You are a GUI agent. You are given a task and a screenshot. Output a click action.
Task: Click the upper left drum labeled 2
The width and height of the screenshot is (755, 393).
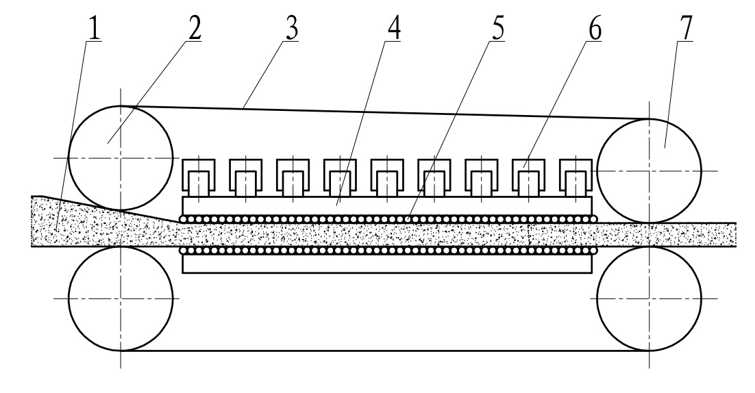pyautogui.click(x=121, y=157)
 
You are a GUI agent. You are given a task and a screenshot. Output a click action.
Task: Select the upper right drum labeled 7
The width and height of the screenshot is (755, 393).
pyautogui.click(x=649, y=170)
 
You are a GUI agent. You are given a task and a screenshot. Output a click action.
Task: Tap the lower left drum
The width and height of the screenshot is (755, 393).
pyautogui.click(x=121, y=299)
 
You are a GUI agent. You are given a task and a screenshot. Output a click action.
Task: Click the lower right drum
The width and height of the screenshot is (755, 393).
pyautogui.click(x=649, y=299)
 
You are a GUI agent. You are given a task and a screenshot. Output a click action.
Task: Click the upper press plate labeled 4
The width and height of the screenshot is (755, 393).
pyautogui.click(x=387, y=205)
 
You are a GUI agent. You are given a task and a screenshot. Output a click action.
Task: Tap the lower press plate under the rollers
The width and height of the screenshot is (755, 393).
pyautogui.click(x=387, y=264)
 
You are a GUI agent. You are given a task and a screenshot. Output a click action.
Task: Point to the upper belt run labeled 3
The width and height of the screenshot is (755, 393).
pyautogui.click(x=384, y=112)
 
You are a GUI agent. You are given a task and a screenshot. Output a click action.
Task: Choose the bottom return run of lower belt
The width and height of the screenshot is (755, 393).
pyautogui.click(x=384, y=350)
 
